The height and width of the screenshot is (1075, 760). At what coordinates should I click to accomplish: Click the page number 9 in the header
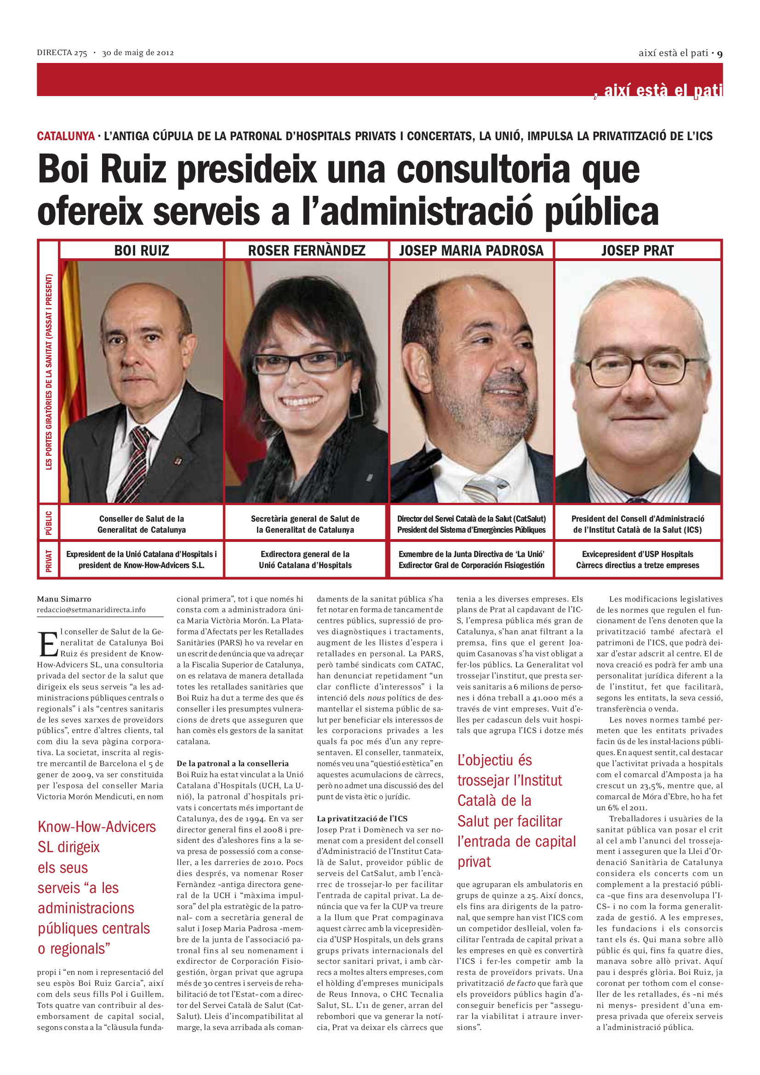pyautogui.click(x=719, y=54)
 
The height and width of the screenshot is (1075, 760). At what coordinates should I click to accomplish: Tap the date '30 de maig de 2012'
pyautogui.click(x=137, y=53)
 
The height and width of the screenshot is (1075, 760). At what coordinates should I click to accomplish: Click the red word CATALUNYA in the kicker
pyautogui.click(x=66, y=136)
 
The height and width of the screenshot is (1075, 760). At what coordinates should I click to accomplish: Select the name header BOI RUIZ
pyautogui.click(x=142, y=250)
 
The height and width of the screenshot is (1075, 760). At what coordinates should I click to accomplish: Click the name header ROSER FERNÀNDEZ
pyautogui.click(x=306, y=250)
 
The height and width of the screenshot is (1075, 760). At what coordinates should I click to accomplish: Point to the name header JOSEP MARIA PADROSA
pyautogui.click(x=471, y=250)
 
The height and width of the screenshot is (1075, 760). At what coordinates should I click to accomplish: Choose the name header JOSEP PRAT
pyautogui.click(x=637, y=250)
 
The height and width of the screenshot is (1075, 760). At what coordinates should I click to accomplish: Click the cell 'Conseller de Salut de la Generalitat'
pyautogui.click(x=142, y=524)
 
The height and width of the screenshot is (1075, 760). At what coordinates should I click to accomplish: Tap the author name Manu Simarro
pyautogui.click(x=64, y=599)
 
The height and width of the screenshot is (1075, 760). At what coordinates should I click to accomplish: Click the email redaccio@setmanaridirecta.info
pyautogui.click(x=91, y=609)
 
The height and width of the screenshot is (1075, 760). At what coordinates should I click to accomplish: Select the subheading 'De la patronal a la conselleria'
pyautogui.click(x=233, y=764)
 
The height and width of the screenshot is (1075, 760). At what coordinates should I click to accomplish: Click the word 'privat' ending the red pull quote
pyautogui.click(x=474, y=862)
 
